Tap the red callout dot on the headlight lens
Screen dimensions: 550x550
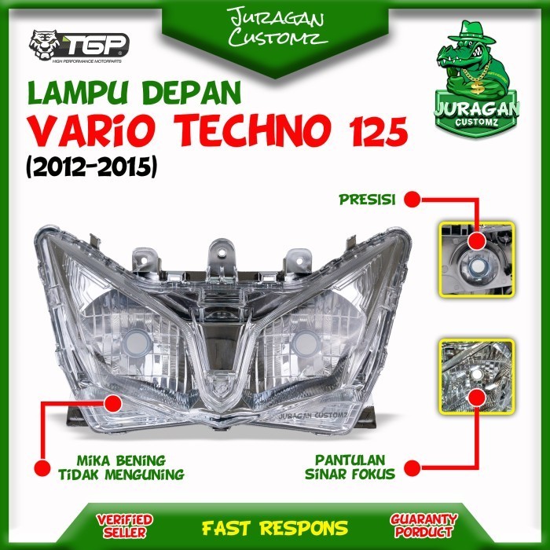pyautogui.click(x=112, y=404)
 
